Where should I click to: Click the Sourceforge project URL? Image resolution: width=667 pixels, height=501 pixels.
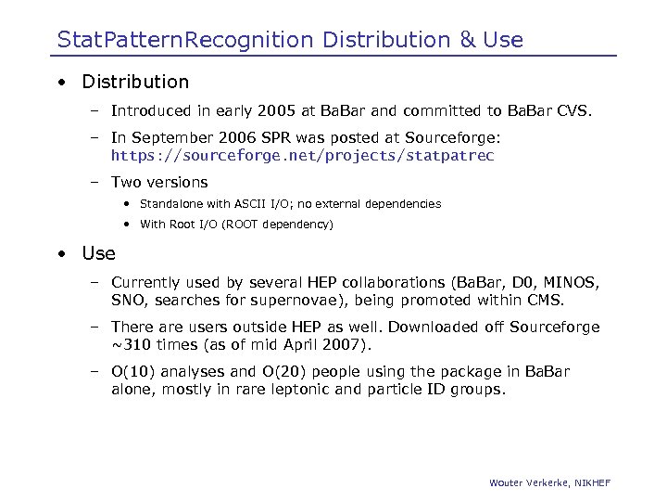[302, 156]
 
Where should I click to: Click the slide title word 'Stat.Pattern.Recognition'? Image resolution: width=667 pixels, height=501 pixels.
[185, 40]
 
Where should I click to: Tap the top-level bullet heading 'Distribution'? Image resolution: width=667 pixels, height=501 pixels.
[135, 82]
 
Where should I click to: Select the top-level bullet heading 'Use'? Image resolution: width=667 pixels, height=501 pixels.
[98, 253]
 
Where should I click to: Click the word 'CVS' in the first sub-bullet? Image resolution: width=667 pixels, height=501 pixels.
[573, 111]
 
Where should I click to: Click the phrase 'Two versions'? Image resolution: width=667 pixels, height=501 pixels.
[159, 182]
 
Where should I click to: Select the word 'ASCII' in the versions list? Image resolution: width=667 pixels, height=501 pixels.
[247, 204]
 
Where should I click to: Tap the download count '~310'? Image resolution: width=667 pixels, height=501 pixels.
[130, 344]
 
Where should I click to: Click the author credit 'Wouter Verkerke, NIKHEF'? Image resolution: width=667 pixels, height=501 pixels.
[549, 482]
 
